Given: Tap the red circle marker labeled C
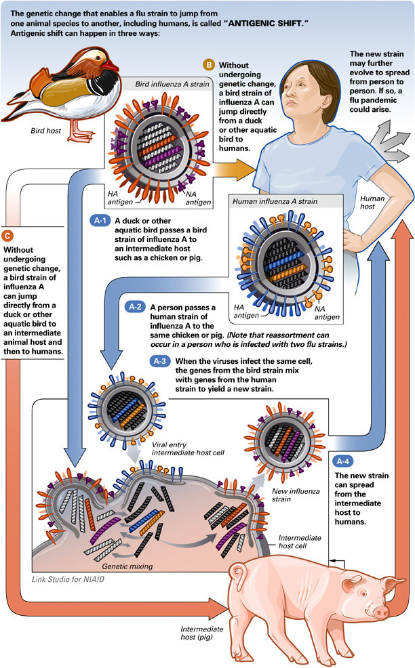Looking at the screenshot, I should [7, 235].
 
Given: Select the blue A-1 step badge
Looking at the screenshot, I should [100, 221].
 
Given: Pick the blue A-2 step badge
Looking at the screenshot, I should [137, 306].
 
